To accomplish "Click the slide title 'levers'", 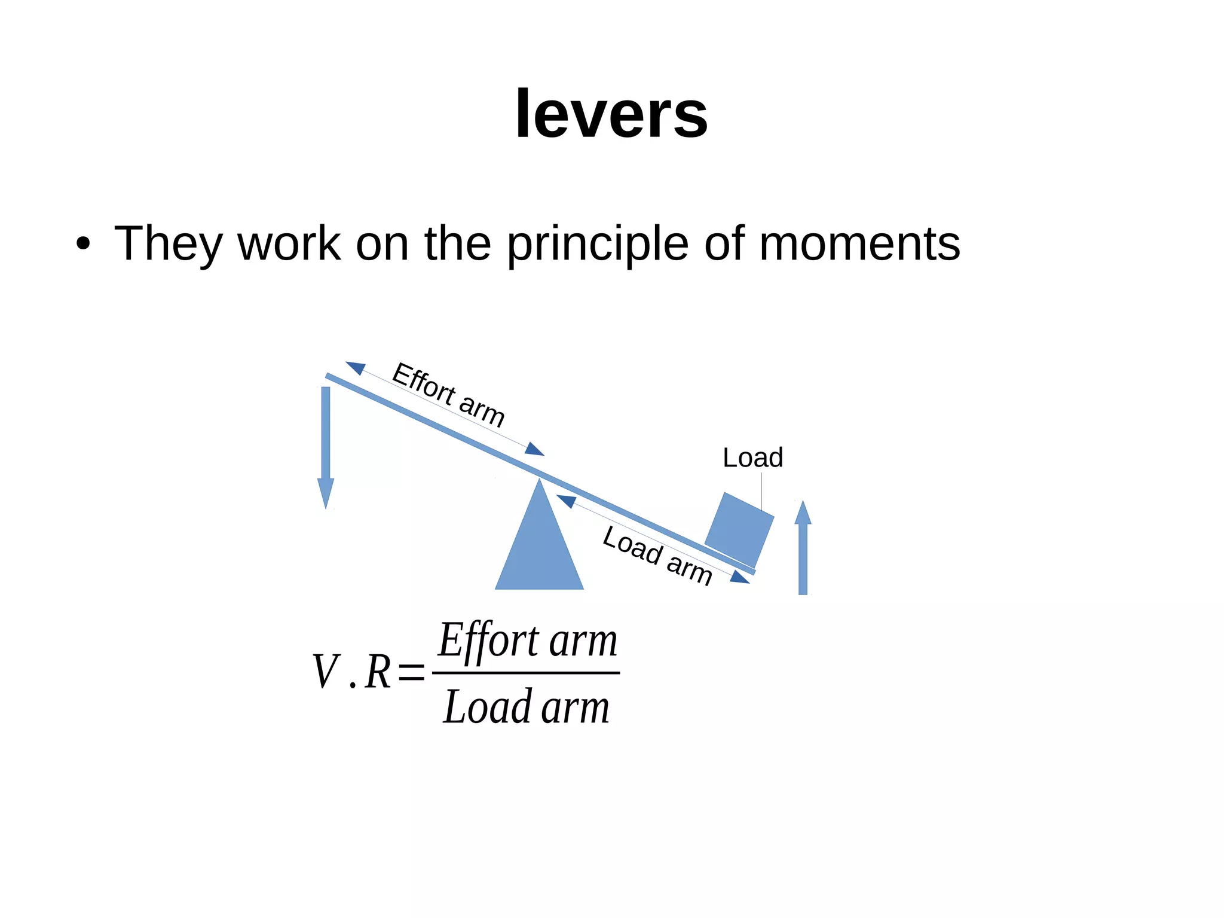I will pyautogui.click(x=611, y=114).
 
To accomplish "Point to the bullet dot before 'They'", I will pyautogui.click(x=84, y=244).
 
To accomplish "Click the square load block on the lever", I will pyautogui.click(x=739, y=530).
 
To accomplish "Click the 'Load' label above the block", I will pyautogui.click(x=752, y=458).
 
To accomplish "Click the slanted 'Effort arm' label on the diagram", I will pyautogui.click(x=448, y=395).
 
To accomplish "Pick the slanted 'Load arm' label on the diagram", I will pyautogui.click(x=657, y=556).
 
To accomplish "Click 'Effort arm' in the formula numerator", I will pyautogui.click(x=527, y=641).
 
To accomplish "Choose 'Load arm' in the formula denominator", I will pyautogui.click(x=526, y=707).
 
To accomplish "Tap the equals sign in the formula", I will pyautogui.click(x=411, y=673).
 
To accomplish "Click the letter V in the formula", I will pyautogui.click(x=326, y=672).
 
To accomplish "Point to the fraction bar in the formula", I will pyautogui.click(x=526, y=673).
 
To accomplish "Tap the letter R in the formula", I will pyautogui.click(x=378, y=672).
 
